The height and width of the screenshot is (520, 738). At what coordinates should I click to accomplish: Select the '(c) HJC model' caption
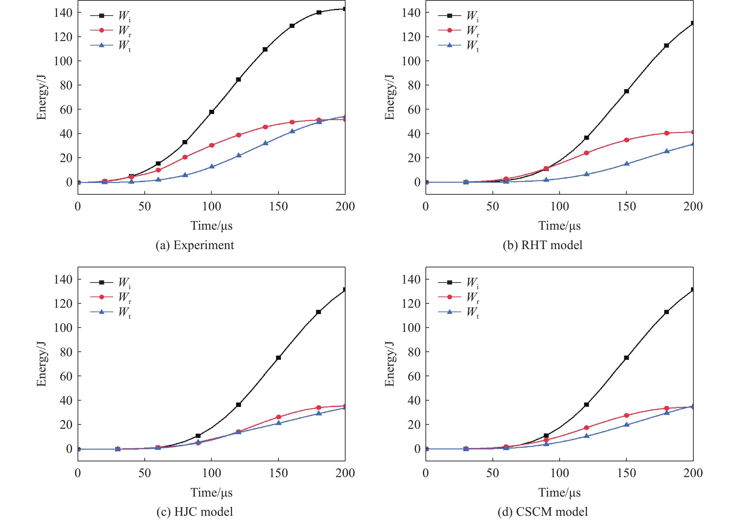point(195,512)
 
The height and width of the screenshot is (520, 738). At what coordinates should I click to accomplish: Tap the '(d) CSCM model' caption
point(543,512)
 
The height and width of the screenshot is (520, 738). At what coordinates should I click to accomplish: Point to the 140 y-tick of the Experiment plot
point(63,13)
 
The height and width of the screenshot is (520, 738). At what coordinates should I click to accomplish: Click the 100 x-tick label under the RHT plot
point(560,206)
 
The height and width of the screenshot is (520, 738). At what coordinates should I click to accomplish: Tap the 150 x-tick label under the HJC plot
point(278,473)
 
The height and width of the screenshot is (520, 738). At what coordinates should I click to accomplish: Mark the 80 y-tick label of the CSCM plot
point(414,352)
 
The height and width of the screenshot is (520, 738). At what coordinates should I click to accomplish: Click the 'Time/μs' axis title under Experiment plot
point(212,226)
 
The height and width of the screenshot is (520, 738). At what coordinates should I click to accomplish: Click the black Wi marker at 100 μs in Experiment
point(212,112)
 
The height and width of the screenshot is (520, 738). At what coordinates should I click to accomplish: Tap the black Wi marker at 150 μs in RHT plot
point(626,91)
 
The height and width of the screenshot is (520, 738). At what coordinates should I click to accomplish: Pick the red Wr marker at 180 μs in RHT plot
point(667,133)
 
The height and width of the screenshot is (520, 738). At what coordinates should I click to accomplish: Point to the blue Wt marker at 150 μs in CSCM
point(626,425)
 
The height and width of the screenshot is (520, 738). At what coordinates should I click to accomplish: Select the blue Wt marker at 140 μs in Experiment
point(265,143)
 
